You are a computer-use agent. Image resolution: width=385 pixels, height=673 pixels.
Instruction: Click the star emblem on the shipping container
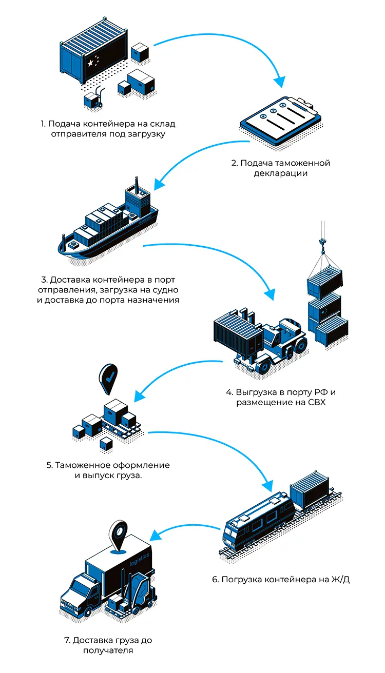coord(91,63)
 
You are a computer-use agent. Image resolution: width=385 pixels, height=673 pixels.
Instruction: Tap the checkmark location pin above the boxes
coord(109,377)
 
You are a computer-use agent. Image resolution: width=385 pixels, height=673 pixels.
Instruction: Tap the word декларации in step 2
coord(280,173)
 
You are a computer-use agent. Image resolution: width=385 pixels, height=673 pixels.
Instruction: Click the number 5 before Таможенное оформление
coord(49,465)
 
